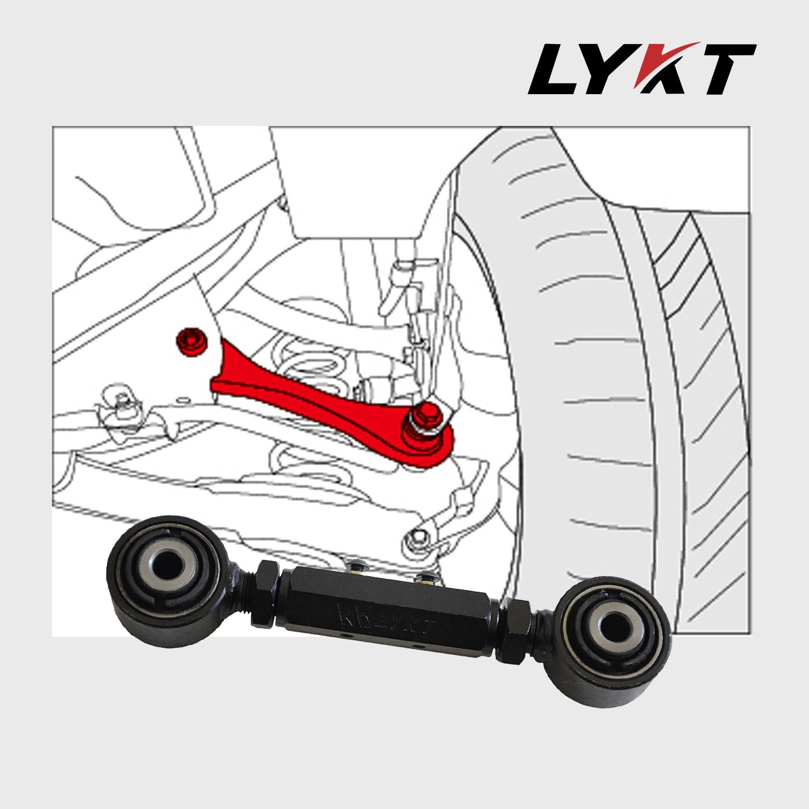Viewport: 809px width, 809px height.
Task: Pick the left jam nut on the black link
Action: (x=266, y=596)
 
